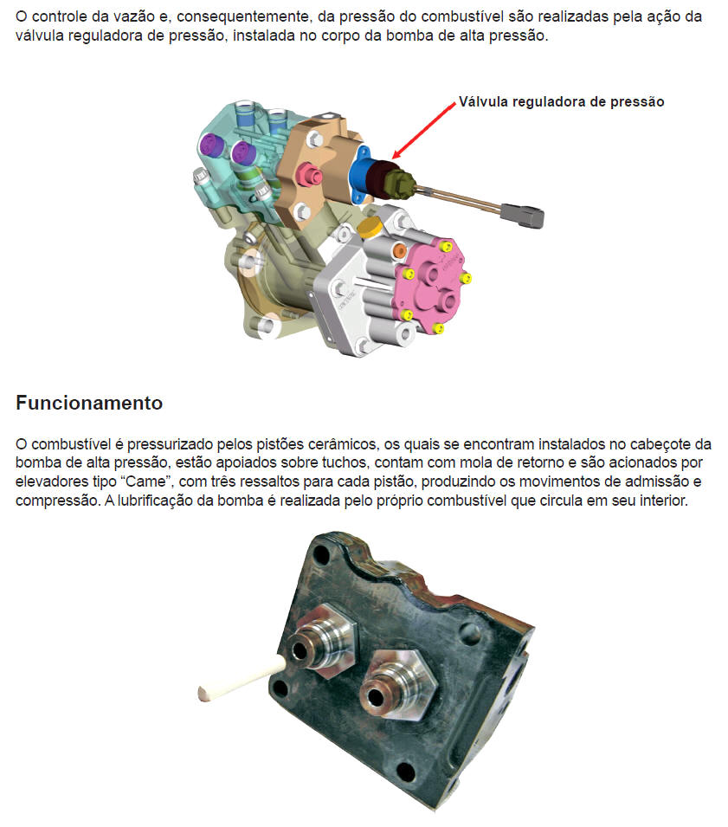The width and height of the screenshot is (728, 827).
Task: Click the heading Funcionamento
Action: pyautogui.click(x=89, y=403)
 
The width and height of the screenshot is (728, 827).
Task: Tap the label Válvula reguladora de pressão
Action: pyautogui.click(x=561, y=102)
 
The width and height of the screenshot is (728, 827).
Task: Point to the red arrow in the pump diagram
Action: pyautogui.click(x=424, y=130)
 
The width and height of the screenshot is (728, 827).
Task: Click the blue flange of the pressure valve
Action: pyautogui.click(x=361, y=175)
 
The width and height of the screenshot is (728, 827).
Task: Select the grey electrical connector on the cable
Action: pyautogui.click(x=522, y=216)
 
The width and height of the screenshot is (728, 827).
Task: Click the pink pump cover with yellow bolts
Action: pyautogui.click(x=431, y=285)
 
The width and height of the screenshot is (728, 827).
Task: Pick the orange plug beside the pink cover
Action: pyautogui.click(x=400, y=251)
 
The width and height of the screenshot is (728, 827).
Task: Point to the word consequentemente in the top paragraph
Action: pyautogui.click(x=242, y=16)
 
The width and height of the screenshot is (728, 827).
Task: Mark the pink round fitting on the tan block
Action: pyautogui.click(x=309, y=175)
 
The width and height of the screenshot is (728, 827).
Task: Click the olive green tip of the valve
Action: pyautogui.click(x=403, y=182)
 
